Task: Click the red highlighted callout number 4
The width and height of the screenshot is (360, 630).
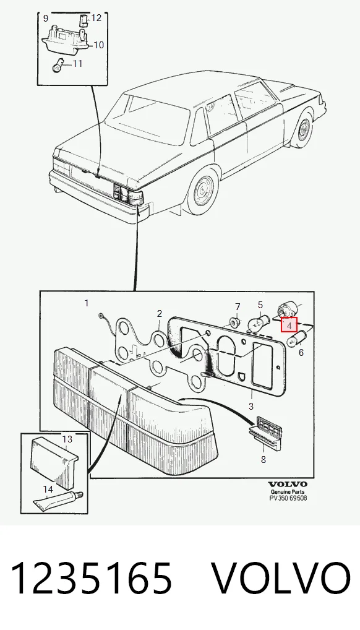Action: tap(289, 325)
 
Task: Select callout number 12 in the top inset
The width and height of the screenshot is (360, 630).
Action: tap(96, 18)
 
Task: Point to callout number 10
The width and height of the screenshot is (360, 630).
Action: tap(99, 45)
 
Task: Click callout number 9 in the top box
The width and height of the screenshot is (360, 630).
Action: tap(46, 18)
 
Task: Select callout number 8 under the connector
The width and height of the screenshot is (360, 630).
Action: tap(263, 459)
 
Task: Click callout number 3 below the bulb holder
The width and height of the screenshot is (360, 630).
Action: tap(251, 406)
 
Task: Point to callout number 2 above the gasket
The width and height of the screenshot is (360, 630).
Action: tap(160, 313)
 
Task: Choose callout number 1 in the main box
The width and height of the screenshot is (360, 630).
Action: tap(87, 303)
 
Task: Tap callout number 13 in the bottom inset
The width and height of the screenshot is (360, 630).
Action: tap(67, 439)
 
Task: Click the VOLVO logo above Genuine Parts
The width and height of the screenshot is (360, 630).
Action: tap(288, 484)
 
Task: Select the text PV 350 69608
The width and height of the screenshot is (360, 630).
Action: tap(288, 498)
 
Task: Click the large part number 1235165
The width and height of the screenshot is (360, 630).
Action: tap(92, 579)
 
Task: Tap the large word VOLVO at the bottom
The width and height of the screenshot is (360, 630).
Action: tap(280, 579)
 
